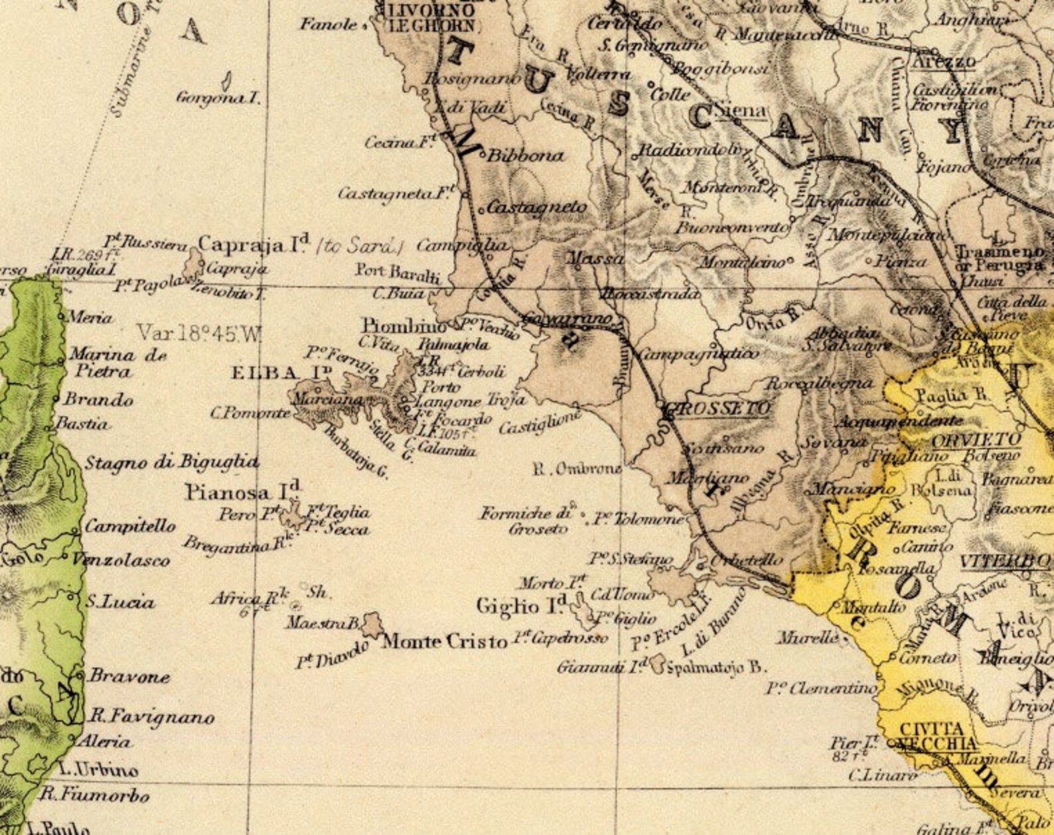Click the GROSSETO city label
[x=720, y=409]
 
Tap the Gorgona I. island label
[x=218, y=98]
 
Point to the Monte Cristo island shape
[x=372, y=623]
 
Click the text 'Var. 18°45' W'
[x=199, y=333]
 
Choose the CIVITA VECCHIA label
[x=937, y=736]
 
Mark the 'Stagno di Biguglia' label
[x=171, y=462]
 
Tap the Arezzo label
[x=944, y=62]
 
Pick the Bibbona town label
[x=525, y=157]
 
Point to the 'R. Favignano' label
[x=153, y=717]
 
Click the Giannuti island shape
[x=657, y=663]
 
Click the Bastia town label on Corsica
[x=82, y=423]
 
